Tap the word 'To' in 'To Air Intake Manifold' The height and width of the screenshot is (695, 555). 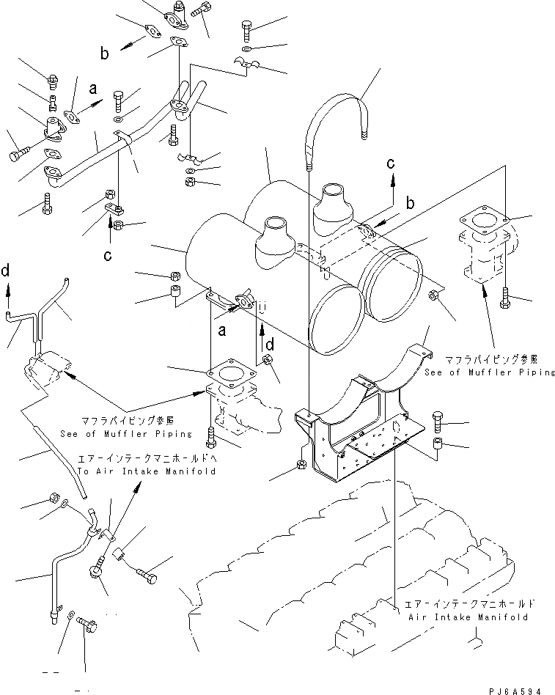pos(105,471)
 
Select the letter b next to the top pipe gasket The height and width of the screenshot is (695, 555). pos(105,52)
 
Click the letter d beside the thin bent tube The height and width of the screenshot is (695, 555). pos(7,272)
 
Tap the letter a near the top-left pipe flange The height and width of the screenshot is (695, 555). pos(93,89)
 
